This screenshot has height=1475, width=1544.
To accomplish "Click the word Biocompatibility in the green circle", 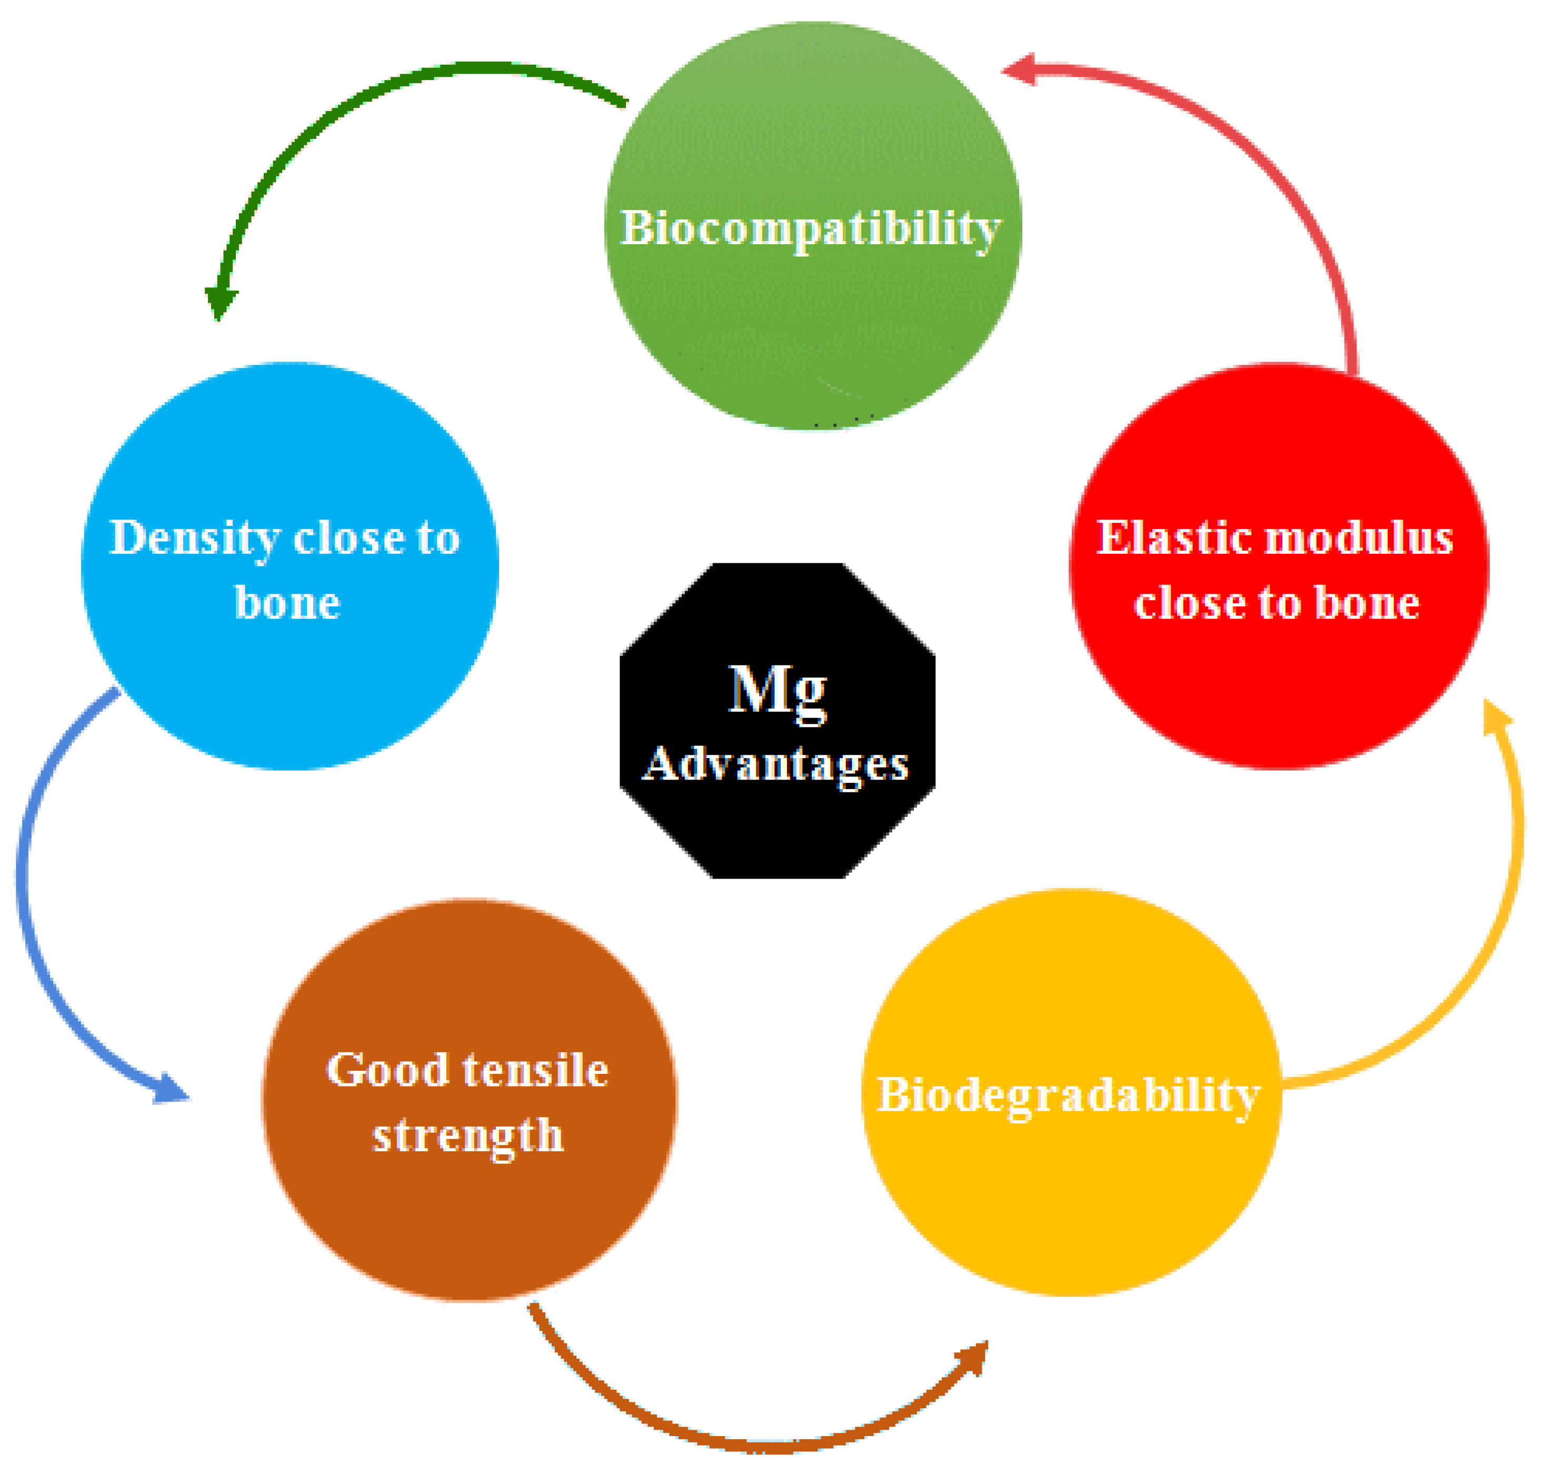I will point(811,229).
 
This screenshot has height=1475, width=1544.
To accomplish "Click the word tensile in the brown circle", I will point(535,1070).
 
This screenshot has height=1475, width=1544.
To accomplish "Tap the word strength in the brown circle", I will point(468,1136).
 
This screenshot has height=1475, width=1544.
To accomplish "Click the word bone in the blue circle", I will point(288,604).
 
